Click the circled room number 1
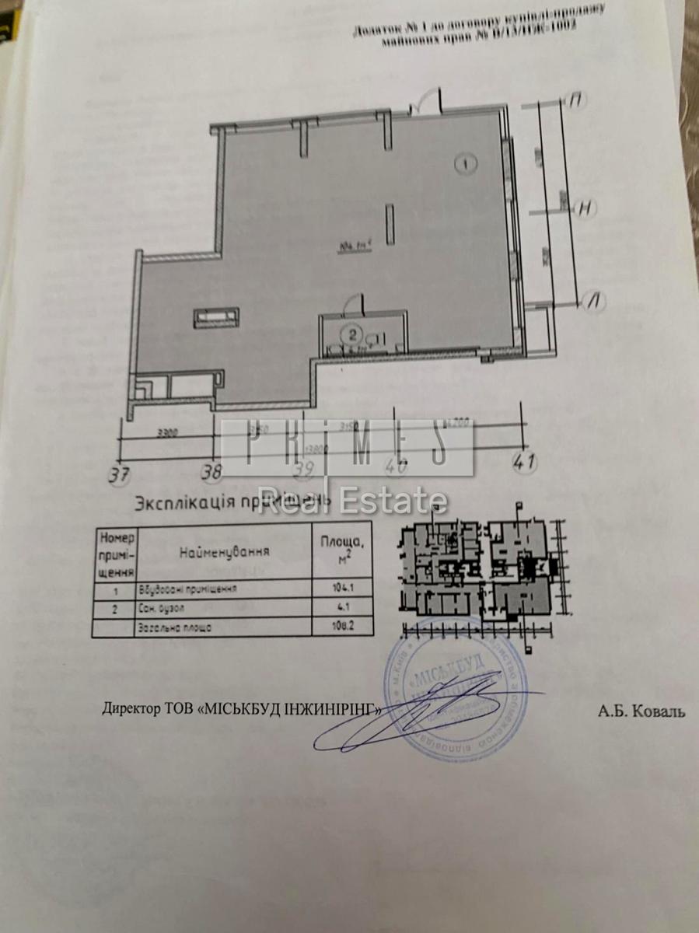pos(465,163)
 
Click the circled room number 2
pos(352,336)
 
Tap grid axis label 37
pos(119,472)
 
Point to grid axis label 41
pos(526,462)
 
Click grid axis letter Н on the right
pos(587,208)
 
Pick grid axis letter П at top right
pos(577,100)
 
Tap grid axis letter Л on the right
pos(596,300)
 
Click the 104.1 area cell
pos(332,589)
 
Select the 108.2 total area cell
pos(332,626)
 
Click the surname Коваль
pos(653,711)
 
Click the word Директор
pos(130,709)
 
